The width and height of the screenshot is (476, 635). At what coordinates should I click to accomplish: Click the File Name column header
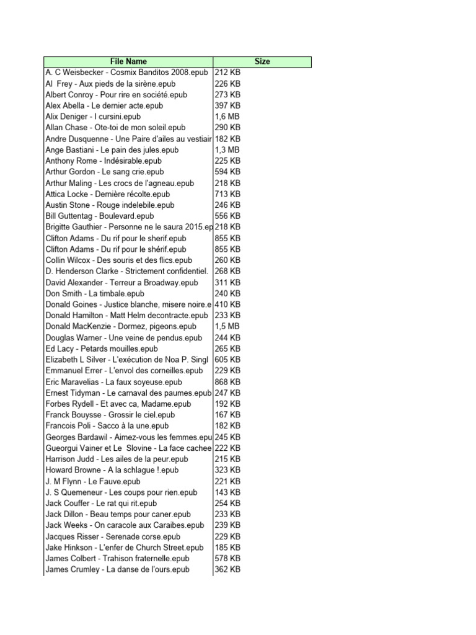(x=128, y=61)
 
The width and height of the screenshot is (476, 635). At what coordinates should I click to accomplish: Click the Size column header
(x=262, y=61)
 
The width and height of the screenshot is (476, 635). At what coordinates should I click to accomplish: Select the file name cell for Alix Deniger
(x=93, y=117)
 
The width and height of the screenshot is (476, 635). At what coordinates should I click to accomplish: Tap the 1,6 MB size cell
(x=228, y=117)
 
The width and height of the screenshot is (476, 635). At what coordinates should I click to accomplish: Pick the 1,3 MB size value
(x=228, y=150)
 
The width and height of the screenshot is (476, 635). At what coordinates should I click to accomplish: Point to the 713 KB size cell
(x=227, y=194)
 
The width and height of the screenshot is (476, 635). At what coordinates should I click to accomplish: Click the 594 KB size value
(x=227, y=172)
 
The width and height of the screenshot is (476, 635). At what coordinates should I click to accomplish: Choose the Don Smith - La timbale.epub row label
(x=95, y=293)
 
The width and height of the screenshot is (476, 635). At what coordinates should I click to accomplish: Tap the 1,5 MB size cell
(x=228, y=327)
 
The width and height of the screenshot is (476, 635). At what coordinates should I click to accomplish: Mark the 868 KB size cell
(x=227, y=382)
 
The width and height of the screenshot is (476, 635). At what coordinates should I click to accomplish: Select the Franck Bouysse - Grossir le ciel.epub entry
(x=110, y=415)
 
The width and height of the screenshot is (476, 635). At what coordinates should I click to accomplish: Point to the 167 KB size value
(x=227, y=415)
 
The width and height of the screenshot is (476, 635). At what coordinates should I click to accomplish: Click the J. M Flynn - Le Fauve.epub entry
(x=93, y=481)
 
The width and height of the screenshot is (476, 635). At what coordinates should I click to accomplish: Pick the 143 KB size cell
(x=227, y=492)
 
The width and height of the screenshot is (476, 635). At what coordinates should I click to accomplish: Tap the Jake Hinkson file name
(x=125, y=548)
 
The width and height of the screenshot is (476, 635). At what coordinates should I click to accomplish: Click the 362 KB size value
(x=227, y=569)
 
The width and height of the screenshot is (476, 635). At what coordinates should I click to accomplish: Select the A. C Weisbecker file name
(x=127, y=73)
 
